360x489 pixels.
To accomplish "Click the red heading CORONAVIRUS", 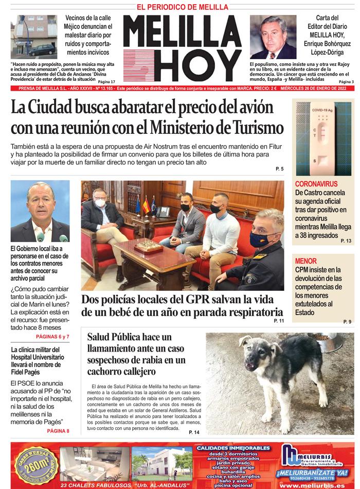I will coord(316,184).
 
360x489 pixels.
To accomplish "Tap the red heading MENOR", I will coord(306,261).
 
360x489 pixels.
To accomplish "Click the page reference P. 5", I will coord(279,169).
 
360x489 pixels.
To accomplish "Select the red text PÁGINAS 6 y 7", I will coord(52,337).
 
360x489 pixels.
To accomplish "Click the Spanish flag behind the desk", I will coord(146,204).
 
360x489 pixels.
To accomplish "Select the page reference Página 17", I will coord(106,82).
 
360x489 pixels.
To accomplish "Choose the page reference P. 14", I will coord(194,432).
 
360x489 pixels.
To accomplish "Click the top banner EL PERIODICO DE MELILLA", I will coord(182,7).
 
